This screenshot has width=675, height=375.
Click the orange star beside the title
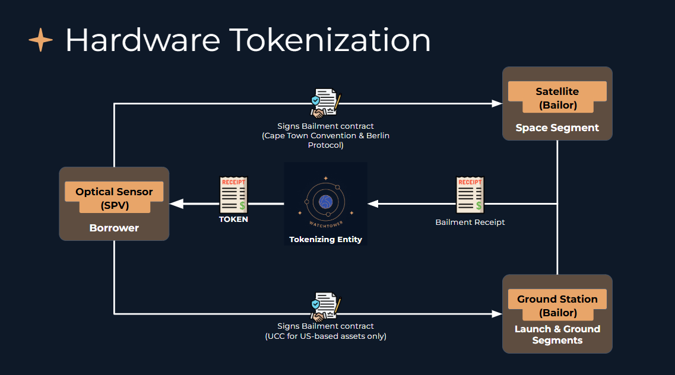[x=41, y=40]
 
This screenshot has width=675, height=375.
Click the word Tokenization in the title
[x=330, y=40]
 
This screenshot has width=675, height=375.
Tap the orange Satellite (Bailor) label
[x=557, y=98]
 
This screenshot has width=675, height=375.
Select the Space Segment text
[x=557, y=128]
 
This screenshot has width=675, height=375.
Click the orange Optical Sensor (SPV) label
[x=114, y=198]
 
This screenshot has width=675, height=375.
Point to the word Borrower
[x=114, y=228]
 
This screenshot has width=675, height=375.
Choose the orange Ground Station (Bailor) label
[x=557, y=306]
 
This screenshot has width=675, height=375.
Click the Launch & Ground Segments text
[x=557, y=335]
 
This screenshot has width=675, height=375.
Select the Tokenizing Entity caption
[x=325, y=240]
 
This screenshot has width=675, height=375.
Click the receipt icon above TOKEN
[x=233, y=195]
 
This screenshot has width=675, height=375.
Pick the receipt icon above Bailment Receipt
[x=470, y=195]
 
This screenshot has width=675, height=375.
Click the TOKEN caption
[x=233, y=219]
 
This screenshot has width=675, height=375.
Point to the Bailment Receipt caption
[x=470, y=222]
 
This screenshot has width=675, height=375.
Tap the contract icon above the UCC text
[x=325, y=307]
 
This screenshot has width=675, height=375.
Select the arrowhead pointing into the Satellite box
[x=497, y=104]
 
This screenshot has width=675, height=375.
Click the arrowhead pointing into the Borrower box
[x=175, y=204]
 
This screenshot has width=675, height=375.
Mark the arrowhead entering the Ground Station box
[x=497, y=313]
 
